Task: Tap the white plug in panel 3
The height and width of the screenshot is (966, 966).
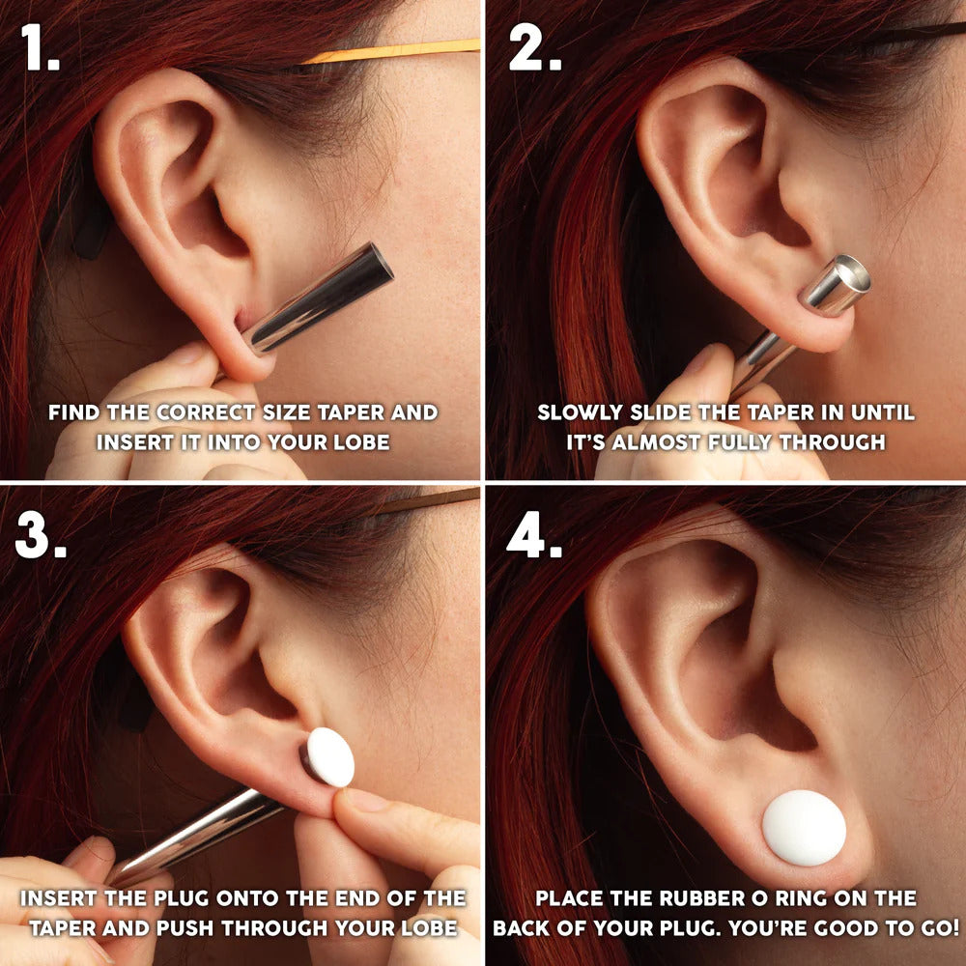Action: [330, 756]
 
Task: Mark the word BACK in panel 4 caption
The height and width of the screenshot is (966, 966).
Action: [529, 927]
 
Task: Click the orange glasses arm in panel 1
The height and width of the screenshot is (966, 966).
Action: [386, 51]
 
